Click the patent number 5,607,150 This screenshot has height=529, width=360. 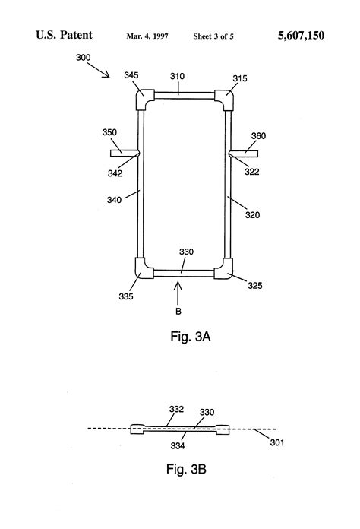[x=301, y=36]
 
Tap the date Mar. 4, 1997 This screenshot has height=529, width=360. [x=147, y=36]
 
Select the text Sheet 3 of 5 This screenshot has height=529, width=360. [x=213, y=36]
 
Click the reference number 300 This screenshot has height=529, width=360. [x=84, y=57]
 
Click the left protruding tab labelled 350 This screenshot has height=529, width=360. [x=125, y=154]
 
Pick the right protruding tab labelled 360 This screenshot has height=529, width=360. [x=243, y=154]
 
